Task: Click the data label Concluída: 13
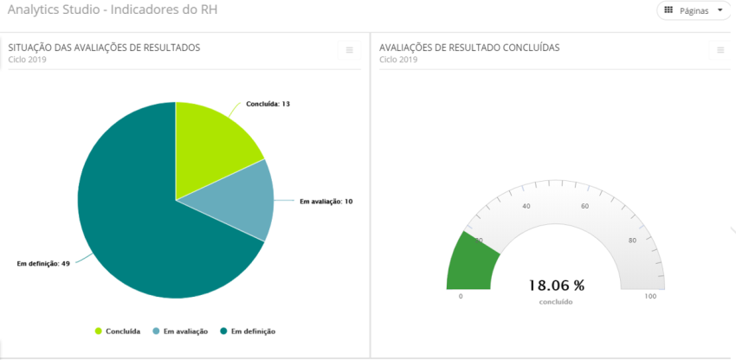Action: pos(268,104)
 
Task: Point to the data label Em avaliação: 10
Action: pos(326,202)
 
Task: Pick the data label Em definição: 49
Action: pos(43,263)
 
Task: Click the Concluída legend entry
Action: pos(118,331)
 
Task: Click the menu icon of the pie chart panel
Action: pos(349,50)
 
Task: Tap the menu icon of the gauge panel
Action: pos(720,50)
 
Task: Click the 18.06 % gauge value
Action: pos(556,285)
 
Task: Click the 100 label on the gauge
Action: pos(650,297)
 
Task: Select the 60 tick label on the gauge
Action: pos(584,206)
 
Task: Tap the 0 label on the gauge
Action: pos(460,297)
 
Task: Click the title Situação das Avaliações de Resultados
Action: pos(104,48)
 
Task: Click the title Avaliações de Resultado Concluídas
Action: pos(468,48)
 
